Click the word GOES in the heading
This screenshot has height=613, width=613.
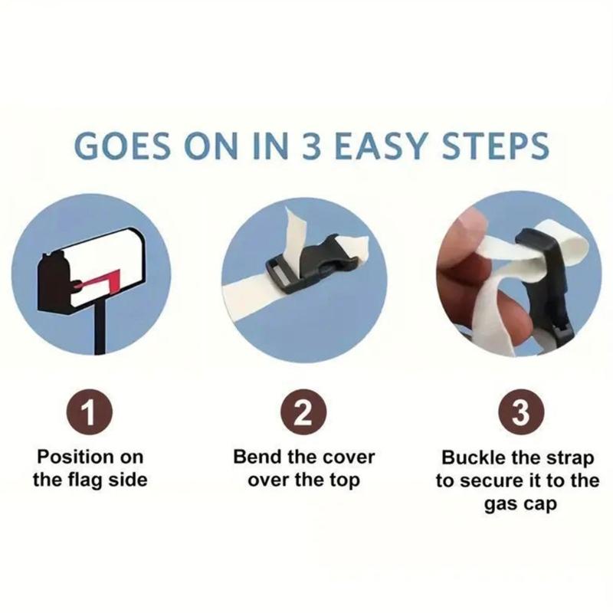pyautogui.click(x=123, y=146)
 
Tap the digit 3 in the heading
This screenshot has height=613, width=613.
pyautogui.click(x=312, y=146)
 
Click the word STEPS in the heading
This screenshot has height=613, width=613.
pyautogui.click(x=495, y=146)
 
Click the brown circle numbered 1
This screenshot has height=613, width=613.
pyautogui.click(x=90, y=412)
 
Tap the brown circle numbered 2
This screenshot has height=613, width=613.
pyautogui.click(x=303, y=412)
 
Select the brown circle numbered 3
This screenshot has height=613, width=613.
pyautogui.click(x=521, y=412)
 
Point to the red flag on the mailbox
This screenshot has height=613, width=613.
pyautogui.click(x=101, y=280)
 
